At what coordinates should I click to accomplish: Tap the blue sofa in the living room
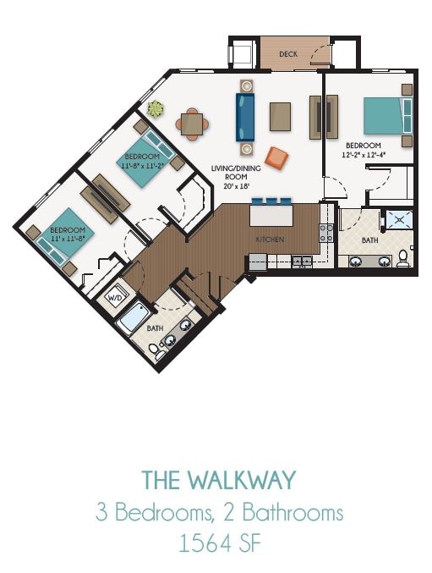pyautogui.click(x=245, y=117)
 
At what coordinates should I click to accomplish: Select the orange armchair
pyautogui.click(x=276, y=157)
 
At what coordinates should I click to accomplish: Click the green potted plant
pyautogui.click(x=156, y=109)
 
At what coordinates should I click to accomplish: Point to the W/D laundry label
pyautogui.click(x=114, y=299)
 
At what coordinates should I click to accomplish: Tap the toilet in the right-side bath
pyautogui.click(x=404, y=256)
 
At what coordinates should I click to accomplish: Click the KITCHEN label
pyautogui.click(x=270, y=240)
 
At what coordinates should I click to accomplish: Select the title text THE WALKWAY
pyautogui.click(x=218, y=481)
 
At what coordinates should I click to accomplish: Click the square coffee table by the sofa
pyautogui.click(x=280, y=117)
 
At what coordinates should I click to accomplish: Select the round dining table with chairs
pyautogui.click(x=193, y=124)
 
